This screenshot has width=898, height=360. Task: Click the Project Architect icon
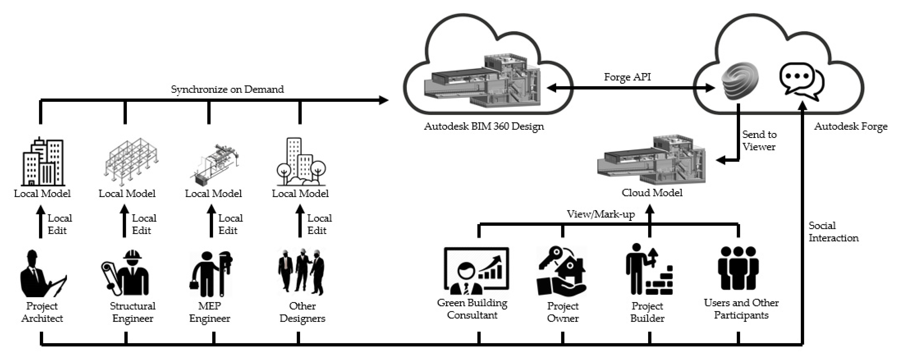(x=42, y=274)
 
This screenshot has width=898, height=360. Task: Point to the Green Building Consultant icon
(x=476, y=271)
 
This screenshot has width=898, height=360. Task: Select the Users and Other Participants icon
(x=738, y=268)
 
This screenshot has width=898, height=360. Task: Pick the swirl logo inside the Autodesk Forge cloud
(x=740, y=81)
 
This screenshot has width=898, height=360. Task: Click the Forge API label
(x=627, y=77)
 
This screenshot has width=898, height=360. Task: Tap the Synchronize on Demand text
(x=227, y=89)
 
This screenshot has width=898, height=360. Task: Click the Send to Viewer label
(x=759, y=140)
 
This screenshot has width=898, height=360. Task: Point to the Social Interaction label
(x=833, y=232)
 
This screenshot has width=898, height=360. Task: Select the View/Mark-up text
(x=600, y=214)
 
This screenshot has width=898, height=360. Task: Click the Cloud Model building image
(x=651, y=160)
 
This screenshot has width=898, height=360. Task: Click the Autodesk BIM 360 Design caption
(x=484, y=126)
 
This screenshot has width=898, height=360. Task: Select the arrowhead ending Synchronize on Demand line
(x=384, y=100)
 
